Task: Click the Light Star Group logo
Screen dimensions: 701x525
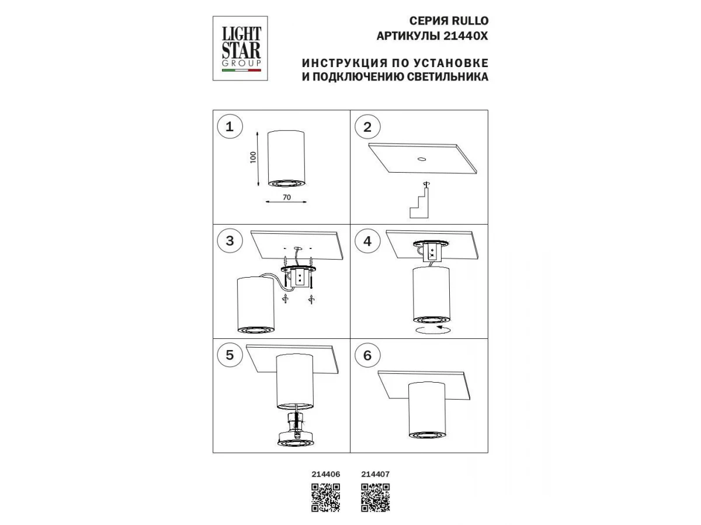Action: [240, 48]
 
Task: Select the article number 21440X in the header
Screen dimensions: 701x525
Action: [466, 36]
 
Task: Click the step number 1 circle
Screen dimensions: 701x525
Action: [230, 127]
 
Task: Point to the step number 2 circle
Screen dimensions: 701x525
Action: [367, 127]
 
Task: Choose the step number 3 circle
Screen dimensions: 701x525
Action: [230, 241]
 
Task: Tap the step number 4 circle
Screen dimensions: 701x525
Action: [367, 241]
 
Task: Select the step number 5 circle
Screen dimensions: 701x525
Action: [230, 355]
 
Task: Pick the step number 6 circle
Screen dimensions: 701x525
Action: [367, 355]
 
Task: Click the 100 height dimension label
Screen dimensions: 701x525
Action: [253, 157]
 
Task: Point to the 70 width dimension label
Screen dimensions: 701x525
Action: [287, 197]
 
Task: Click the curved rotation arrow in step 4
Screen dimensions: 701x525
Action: [432, 330]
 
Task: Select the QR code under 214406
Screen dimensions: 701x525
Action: [325, 498]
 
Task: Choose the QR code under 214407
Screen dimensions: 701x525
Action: [375, 498]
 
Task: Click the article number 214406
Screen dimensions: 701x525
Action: [326, 474]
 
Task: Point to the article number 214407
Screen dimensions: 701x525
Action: [375, 474]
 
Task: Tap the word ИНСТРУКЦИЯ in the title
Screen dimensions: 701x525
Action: [345, 63]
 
